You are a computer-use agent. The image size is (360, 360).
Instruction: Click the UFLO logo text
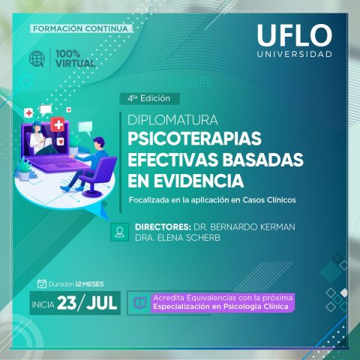295,35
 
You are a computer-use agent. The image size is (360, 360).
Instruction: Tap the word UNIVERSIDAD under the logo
295,54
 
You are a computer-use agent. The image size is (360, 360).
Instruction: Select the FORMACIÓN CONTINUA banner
80,28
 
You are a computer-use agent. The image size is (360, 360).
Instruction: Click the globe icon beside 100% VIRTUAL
37,59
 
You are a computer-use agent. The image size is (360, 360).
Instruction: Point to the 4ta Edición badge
149,98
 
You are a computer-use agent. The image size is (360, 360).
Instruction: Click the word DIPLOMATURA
172,120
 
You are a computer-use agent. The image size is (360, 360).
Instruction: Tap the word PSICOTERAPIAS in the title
194,139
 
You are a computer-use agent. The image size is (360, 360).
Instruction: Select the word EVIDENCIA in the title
199,181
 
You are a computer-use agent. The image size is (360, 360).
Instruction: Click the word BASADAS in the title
263,160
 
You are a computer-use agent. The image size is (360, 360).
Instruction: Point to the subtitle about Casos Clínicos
212,200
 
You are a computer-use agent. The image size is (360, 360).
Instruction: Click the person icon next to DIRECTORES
120,232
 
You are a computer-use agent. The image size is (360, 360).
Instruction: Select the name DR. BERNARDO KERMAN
244,227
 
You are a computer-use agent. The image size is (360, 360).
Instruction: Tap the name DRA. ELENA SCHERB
178,238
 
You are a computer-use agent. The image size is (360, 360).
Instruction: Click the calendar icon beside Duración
42,283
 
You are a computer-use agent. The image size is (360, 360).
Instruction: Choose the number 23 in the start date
67,303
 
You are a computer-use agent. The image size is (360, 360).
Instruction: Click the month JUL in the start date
102,303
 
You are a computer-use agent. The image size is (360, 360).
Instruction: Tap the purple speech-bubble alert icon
139,303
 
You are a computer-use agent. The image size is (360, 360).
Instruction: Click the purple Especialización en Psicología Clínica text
220,307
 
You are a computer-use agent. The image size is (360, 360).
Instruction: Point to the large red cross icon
58,124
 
